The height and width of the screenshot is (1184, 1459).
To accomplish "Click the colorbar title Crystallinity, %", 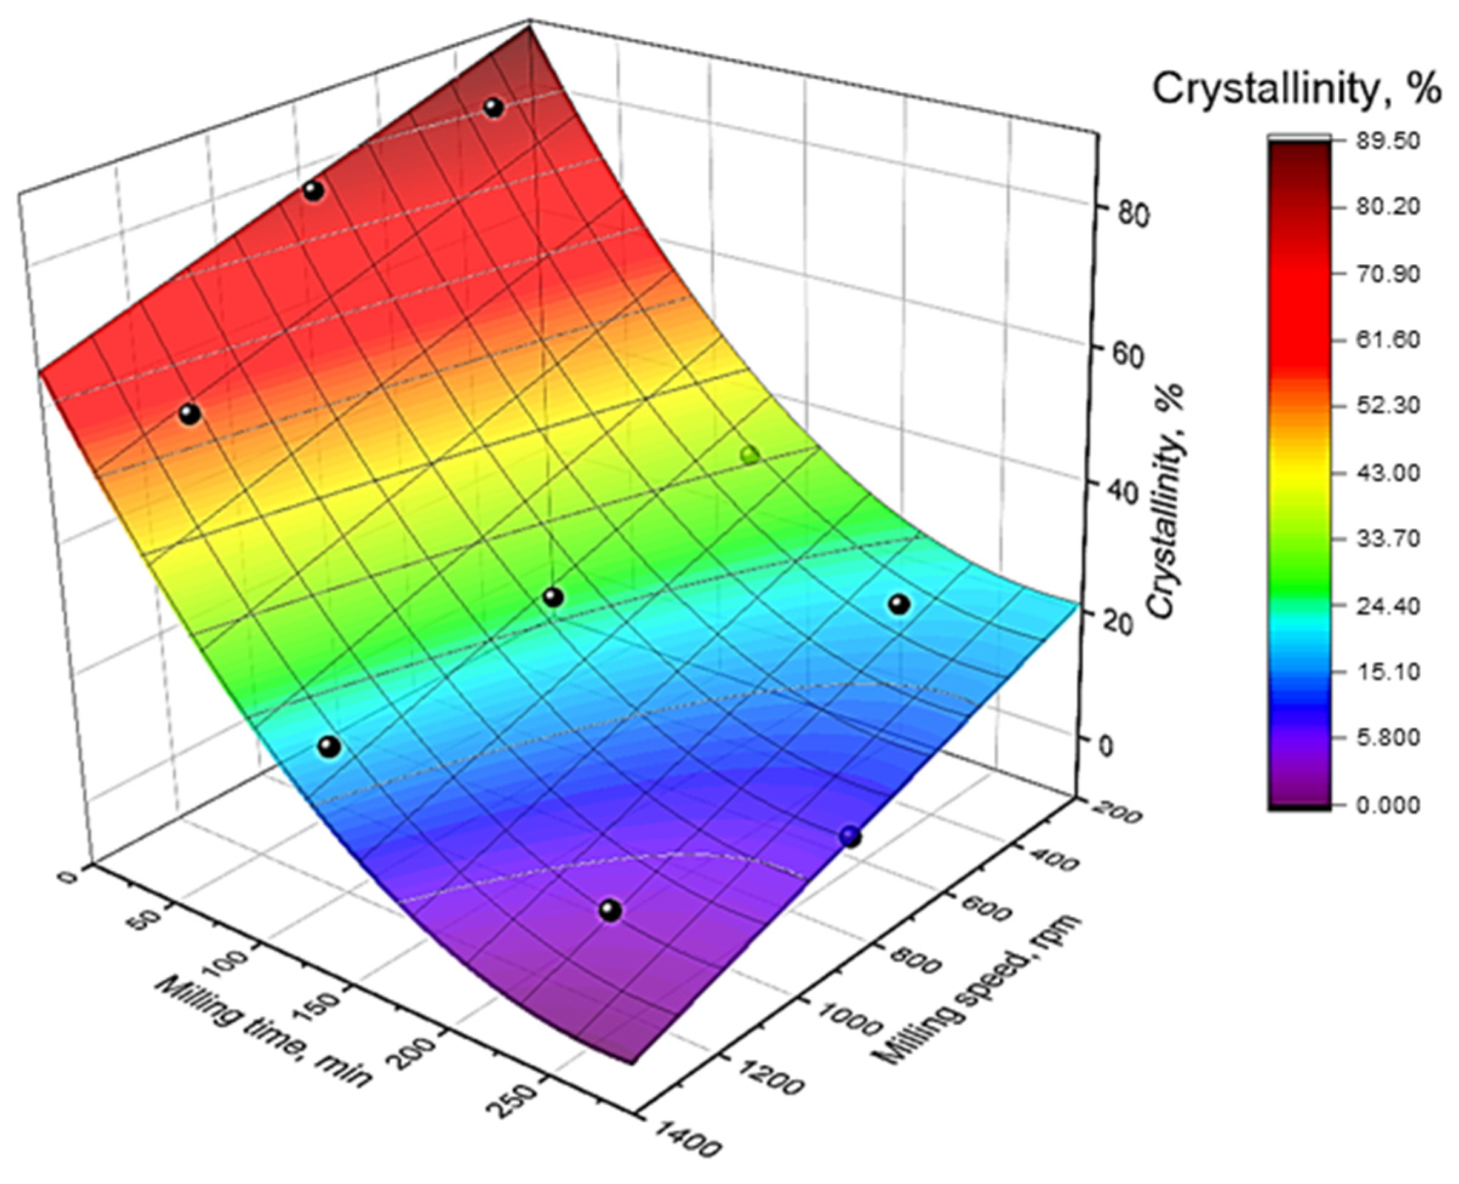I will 1297,88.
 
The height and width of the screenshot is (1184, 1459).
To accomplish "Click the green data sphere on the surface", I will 749,455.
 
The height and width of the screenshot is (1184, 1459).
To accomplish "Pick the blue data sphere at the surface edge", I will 850,837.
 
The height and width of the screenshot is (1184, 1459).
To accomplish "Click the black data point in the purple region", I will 611,910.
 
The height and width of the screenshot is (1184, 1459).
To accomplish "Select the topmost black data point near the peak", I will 494,108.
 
